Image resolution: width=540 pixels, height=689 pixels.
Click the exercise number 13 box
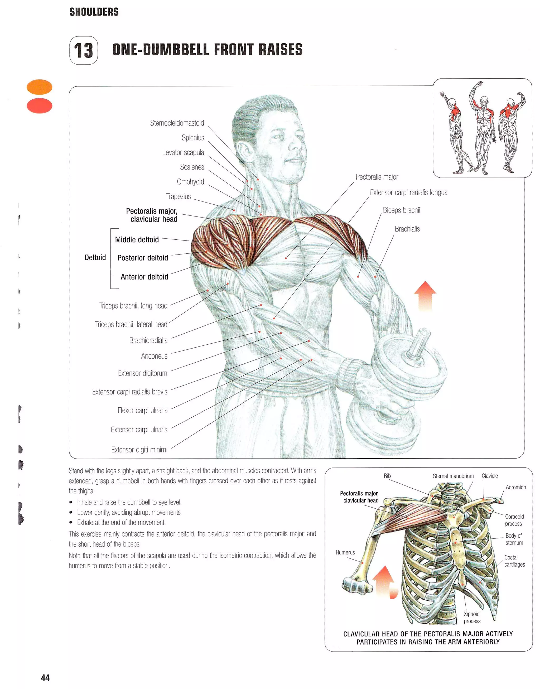84,50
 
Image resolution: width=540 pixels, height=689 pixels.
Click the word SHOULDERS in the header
94,12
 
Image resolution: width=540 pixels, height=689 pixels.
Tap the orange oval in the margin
40,87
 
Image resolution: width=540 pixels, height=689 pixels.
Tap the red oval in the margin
40,106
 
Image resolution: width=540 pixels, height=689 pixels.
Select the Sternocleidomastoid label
177,123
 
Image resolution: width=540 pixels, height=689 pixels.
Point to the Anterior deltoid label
144,277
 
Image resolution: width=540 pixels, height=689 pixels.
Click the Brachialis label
407,229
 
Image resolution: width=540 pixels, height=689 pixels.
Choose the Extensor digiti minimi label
139,450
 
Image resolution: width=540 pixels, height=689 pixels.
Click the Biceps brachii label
401,210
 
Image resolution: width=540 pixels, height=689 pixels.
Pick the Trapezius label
178,196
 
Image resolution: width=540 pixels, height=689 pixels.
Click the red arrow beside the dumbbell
425,296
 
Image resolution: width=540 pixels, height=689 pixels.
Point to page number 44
45,678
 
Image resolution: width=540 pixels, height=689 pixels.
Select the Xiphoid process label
472,617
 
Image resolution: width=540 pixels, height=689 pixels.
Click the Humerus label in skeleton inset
345,552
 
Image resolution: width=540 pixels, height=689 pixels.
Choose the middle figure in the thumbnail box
483,130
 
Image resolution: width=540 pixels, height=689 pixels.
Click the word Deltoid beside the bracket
95,257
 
